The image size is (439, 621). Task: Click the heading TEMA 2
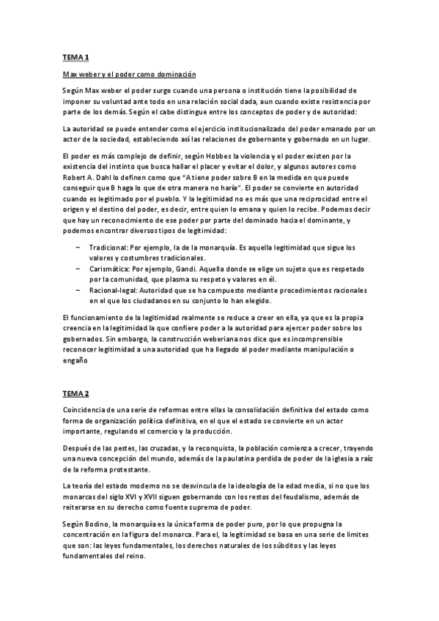[x=75, y=393]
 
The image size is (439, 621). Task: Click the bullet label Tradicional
[x=111, y=248]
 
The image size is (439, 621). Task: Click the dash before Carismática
[x=78, y=269]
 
